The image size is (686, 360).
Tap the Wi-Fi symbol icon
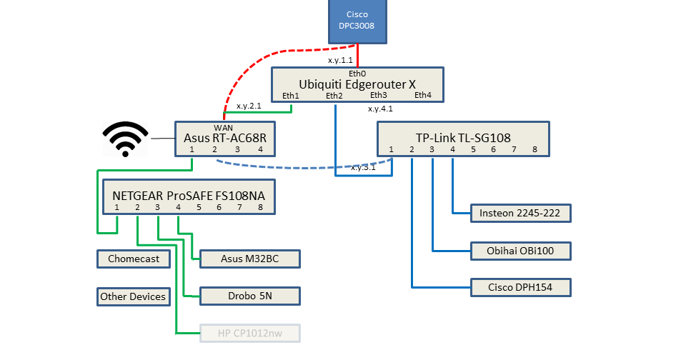pyautogui.click(x=126, y=139)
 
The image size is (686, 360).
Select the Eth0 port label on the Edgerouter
pyautogui.click(x=357, y=74)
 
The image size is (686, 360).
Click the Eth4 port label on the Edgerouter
pyautogui.click(x=423, y=95)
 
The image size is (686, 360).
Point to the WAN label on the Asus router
pyautogui.click(x=224, y=127)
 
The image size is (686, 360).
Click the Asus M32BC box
pyautogui.click(x=250, y=259)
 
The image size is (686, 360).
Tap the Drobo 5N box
pyautogui.click(x=250, y=296)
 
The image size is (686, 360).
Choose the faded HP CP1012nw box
pyautogui.click(x=250, y=333)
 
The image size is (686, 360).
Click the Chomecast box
pyautogui.click(x=134, y=259)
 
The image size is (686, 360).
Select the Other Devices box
pyautogui.click(x=134, y=296)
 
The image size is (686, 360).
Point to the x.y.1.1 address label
pyautogui.click(x=339, y=60)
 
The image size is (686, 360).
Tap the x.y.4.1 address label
pyautogui.click(x=380, y=109)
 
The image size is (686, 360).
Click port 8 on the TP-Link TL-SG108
pyautogui.click(x=534, y=149)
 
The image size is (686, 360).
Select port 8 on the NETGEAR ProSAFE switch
pyautogui.click(x=260, y=207)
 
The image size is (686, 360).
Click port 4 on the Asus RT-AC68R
pyautogui.click(x=260, y=149)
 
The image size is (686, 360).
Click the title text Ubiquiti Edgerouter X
pyautogui.click(x=357, y=84)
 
